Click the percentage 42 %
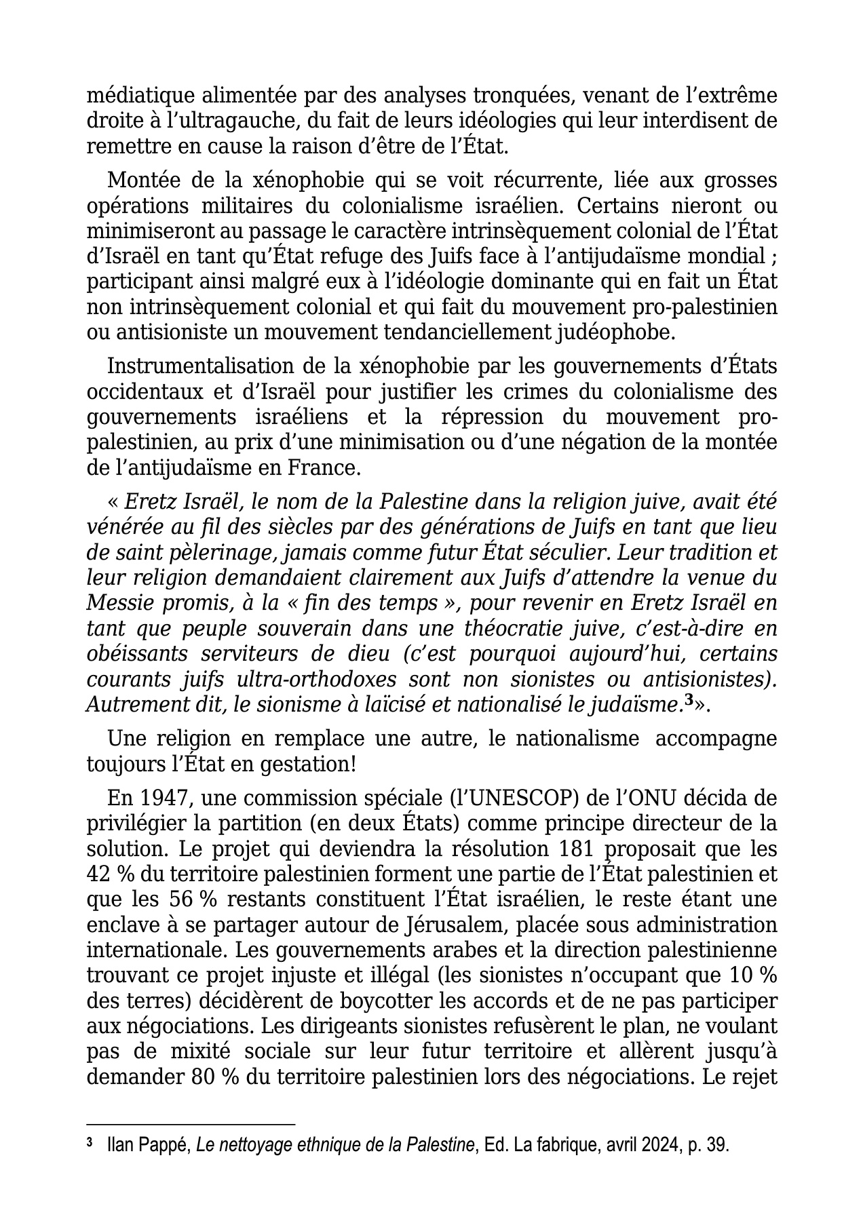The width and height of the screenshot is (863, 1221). (110, 874)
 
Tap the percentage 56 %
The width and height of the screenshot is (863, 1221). (189, 899)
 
